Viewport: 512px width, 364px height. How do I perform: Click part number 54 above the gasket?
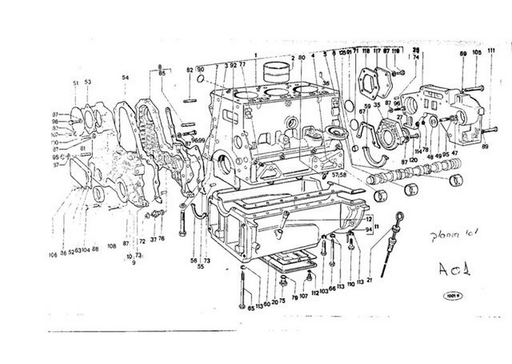click(125, 78)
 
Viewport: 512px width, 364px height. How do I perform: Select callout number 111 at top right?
click(491, 51)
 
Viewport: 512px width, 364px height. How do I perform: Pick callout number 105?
click(477, 51)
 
